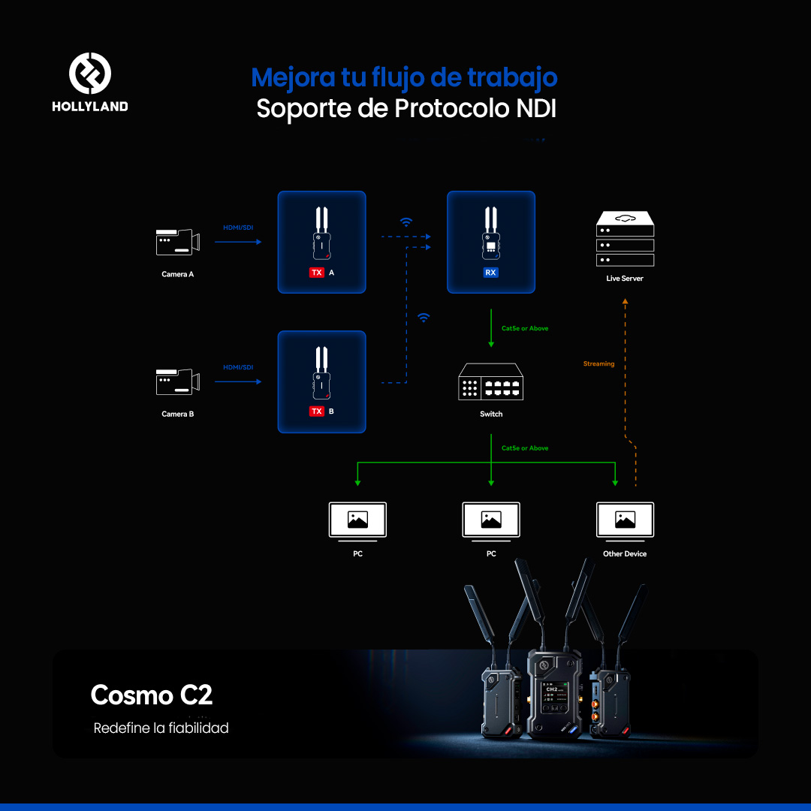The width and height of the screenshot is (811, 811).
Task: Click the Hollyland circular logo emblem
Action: (x=90, y=73)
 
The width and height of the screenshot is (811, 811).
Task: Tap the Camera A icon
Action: (x=177, y=242)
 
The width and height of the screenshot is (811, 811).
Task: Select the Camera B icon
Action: (x=177, y=381)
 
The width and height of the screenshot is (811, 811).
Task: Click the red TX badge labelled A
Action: (x=317, y=273)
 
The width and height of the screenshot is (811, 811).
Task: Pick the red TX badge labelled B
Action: (x=317, y=412)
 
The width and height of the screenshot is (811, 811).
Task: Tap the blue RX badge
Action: (x=490, y=273)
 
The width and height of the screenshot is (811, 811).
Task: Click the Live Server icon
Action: (x=625, y=239)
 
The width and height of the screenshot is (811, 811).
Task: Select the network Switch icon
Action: (x=491, y=381)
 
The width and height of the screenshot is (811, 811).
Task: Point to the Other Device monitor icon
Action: (x=625, y=521)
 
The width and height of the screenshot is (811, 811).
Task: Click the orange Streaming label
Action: (x=599, y=363)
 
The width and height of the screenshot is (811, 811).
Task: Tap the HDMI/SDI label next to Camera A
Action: (x=238, y=228)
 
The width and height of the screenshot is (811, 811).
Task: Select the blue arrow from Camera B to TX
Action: (x=238, y=381)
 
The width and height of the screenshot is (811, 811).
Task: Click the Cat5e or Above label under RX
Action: (x=525, y=328)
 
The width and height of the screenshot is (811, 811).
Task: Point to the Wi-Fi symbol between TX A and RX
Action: (x=406, y=222)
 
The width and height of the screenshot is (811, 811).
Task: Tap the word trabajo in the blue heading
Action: (x=512, y=77)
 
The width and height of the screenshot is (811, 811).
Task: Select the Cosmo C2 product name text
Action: (x=152, y=695)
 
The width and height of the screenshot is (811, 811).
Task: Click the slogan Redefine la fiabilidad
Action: (x=161, y=728)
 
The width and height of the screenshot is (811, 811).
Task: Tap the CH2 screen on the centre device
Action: (x=554, y=698)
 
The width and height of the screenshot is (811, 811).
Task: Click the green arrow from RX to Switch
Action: (x=491, y=328)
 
